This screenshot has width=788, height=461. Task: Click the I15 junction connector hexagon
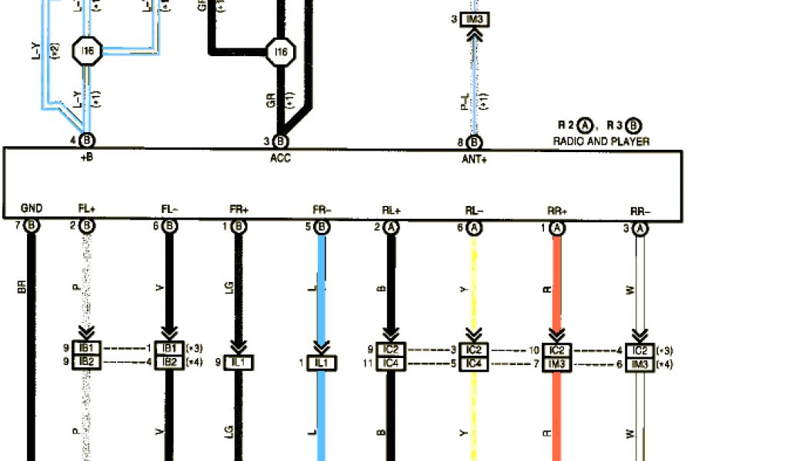[x=87, y=51]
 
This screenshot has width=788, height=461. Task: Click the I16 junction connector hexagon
[x=280, y=52]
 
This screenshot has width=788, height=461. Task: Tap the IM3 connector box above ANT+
[x=475, y=19]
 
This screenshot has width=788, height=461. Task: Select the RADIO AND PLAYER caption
[x=601, y=141]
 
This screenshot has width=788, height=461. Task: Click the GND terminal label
[x=32, y=208]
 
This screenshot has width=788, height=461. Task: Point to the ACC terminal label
[x=280, y=158]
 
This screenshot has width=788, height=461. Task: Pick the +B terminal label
[x=86, y=158]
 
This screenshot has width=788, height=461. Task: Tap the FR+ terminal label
[x=238, y=208]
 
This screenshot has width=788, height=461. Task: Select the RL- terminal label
[x=474, y=208]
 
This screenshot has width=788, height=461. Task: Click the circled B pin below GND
[x=32, y=226]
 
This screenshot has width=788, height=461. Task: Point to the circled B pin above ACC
[x=281, y=141]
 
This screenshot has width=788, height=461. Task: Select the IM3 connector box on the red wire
[x=556, y=363]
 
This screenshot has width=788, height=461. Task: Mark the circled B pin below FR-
[x=320, y=226]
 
